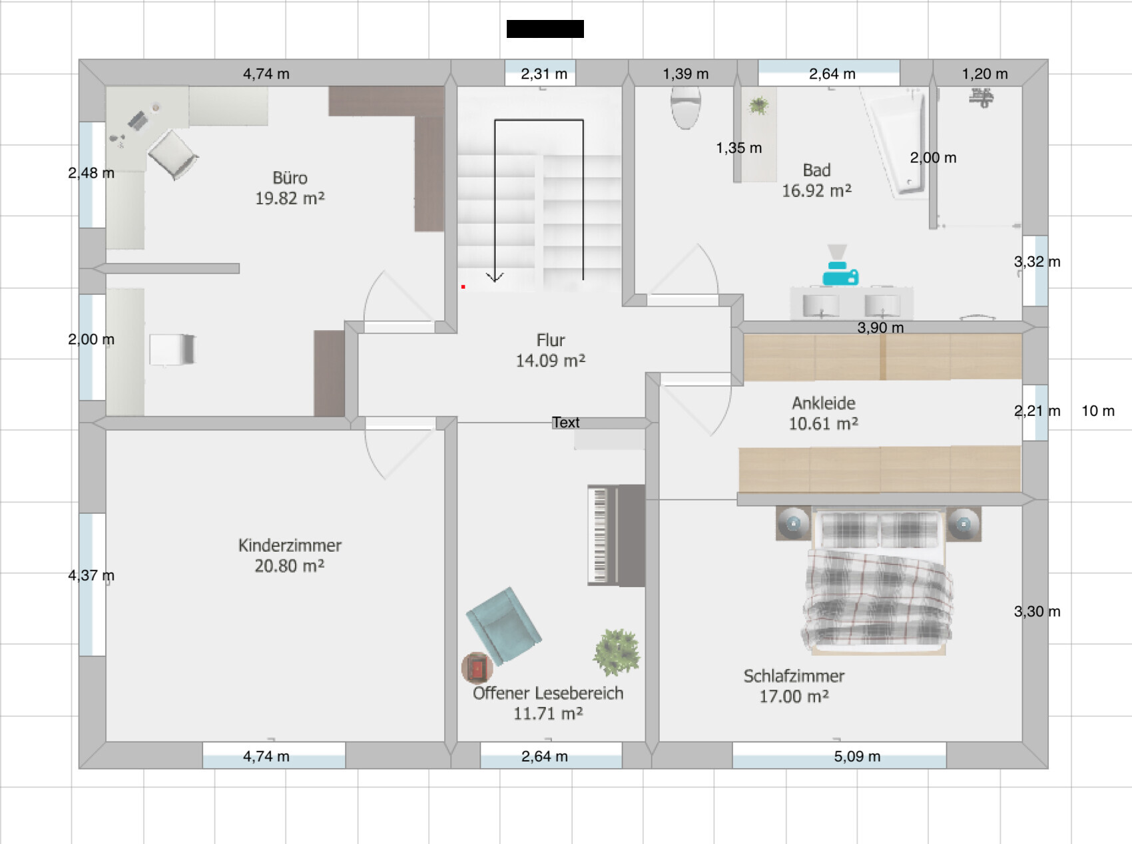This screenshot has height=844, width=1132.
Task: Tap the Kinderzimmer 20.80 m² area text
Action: [x=290, y=566]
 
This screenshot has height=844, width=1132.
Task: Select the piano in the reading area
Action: [x=616, y=535]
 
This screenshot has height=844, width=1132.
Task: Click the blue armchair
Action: [x=503, y=626]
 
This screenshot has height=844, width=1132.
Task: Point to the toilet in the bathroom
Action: [x=685, y=107]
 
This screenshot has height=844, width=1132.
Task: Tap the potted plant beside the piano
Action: [x=617, y=652]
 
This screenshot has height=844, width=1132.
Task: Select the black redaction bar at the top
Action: [x=545, y=29]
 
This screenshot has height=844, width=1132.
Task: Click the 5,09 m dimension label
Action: [x=857, y=756]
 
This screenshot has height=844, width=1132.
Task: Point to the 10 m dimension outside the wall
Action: [x=1097, y=411]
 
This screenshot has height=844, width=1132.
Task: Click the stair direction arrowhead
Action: [x=495, y=277]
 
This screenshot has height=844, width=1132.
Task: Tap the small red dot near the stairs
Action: [x=463, y=287]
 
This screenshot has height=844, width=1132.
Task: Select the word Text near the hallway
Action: [x=565, y=423]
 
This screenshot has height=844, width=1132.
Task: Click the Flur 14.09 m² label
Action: [x=550, y=350]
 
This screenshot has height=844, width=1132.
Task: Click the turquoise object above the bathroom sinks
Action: [x=840, y=274]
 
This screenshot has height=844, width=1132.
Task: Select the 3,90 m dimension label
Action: [x=880, y=327]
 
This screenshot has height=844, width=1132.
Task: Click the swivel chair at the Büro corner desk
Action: [x=173, y=154]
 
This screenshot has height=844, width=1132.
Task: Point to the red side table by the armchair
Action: [x=477, y=668]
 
